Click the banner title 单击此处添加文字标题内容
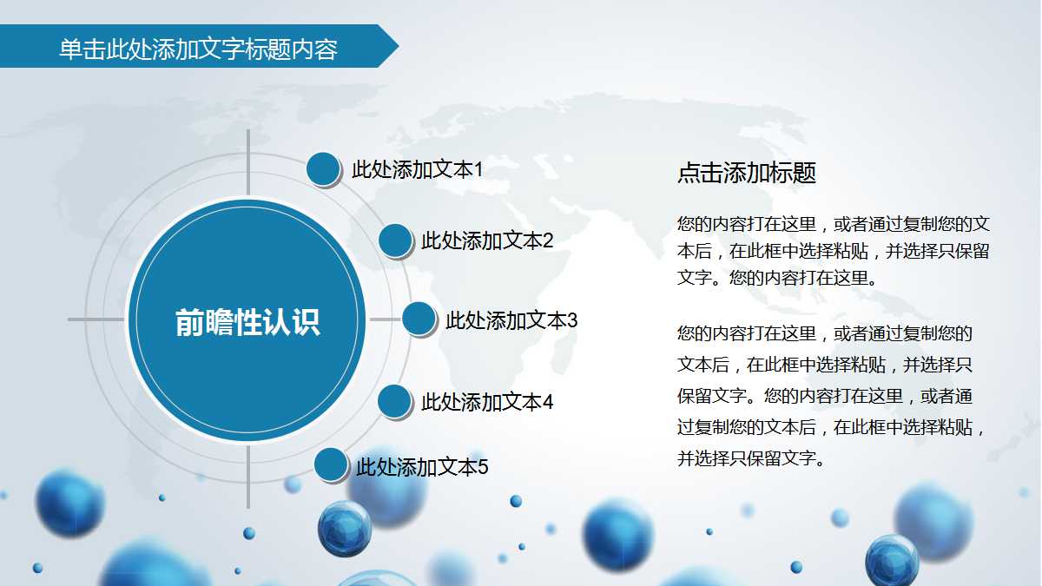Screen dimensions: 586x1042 click(x=198, y=49)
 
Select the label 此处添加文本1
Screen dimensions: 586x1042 click(x=417, y=169)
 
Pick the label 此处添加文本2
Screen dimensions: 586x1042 click(x=487, y=240)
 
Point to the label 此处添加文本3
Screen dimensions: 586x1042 click(x=511, y=320)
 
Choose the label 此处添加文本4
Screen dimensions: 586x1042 click(x=487, y=402)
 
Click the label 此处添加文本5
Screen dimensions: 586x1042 click(x=422, y=467)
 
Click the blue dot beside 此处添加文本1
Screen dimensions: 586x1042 click(x=324, y=168)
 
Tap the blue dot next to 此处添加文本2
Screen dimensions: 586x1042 click(x=395, y=240)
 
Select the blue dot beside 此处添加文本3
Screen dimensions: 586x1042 click(x=419, y=319)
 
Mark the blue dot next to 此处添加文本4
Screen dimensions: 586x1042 click(x=395, y=401)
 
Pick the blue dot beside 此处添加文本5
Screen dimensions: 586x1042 click(x=330, y=465)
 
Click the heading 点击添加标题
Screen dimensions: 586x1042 click(x=747, y=173)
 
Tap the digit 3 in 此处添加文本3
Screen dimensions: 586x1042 click(x=572, y=320)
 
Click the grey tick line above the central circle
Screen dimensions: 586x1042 click(x=248, y=162)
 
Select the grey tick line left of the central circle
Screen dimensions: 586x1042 click(x=96, y=319)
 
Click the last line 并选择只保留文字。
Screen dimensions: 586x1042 click(x=750, y=458)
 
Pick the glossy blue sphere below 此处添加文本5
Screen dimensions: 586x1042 click(x=345, y=528)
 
